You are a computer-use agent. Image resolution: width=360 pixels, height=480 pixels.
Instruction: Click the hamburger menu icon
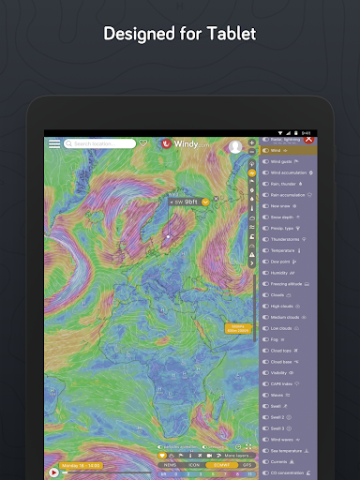click(x=54, y=144)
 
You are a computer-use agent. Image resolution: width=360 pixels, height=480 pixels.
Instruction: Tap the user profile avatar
click(x=235, y=147)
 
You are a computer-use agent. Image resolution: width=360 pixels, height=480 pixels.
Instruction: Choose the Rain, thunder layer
click(x=283, y=184)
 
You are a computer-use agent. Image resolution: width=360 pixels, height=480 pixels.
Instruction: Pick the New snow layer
click(x=281, y=205)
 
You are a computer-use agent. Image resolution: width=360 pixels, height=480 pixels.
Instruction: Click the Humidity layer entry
click(x=280, y=273)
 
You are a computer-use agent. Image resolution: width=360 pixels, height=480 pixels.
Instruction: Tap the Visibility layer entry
click(x=281, y=372)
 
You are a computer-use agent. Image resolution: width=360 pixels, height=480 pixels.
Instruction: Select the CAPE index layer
click(x=282, y=383)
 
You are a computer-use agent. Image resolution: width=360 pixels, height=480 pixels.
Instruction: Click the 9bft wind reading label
click(x=189, y=201)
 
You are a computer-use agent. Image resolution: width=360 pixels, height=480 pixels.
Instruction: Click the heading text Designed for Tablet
click(x=179, y=35)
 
